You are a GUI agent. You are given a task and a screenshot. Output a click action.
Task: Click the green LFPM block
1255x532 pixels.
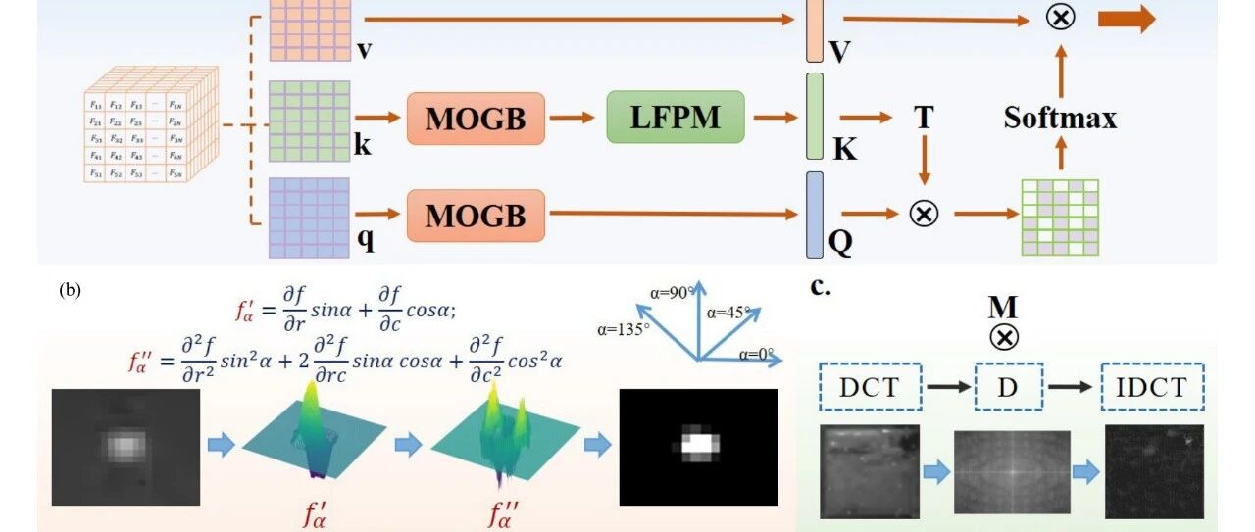click(676, 118)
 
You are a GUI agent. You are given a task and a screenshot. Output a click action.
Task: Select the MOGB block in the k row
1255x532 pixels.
click(476, 119)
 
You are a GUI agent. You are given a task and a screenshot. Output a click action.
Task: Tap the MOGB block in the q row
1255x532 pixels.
click(476, 215)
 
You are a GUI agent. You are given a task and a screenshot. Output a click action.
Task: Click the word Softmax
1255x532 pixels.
click(1060, 119)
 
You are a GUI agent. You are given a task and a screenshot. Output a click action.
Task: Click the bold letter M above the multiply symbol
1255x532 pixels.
click(1003, 308)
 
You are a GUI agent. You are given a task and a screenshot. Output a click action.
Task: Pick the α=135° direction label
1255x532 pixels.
click(621, 329)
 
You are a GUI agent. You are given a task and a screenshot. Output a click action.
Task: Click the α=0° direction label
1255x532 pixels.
click(758, 355)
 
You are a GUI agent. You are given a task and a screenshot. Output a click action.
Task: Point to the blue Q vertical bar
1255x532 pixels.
click(814, 215)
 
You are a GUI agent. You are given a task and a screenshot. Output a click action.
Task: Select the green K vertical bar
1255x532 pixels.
click(814, 116)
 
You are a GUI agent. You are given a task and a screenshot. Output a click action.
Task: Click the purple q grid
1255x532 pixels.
click(309, 217)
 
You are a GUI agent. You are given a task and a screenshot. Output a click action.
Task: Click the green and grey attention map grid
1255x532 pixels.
click(1060, 218)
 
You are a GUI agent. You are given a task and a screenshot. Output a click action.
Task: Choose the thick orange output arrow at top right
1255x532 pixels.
click(1127, 20)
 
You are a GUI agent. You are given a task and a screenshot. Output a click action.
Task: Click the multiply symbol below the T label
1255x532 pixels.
click(923, 213)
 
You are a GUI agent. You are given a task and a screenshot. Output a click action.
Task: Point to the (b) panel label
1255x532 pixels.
click(70, 289)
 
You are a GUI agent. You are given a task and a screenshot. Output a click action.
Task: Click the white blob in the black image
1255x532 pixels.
click(698, 443)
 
